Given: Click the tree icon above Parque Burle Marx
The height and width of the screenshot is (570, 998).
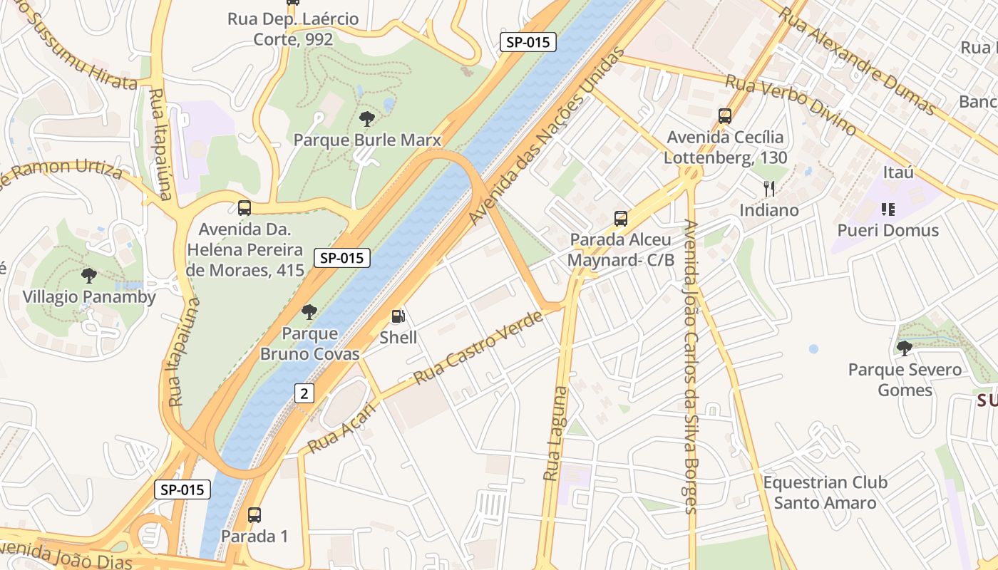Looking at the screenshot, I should point(367,119).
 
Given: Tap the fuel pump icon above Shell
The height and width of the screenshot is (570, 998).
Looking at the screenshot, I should point(398,316).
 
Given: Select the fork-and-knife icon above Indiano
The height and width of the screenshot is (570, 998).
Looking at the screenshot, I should point(768,189).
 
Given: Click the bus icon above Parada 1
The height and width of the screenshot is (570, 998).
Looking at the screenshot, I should point(254,515).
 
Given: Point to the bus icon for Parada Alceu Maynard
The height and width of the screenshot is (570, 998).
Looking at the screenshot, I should point(621,219).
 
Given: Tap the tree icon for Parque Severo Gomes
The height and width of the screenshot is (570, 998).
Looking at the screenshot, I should point(904,348).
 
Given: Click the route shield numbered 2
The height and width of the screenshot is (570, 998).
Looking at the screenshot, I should point(304,393).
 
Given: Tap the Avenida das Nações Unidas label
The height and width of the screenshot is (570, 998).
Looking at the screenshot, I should point(547,137).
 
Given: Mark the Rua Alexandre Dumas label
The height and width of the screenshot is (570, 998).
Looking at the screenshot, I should point(856,61).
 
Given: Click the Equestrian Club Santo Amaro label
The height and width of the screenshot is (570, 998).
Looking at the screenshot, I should point(825,492).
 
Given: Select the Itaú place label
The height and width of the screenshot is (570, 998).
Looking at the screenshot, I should point(897,172).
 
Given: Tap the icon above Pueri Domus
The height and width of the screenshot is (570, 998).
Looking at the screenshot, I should point(888,209).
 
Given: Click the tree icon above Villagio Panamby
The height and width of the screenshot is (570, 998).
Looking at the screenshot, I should point(89,276).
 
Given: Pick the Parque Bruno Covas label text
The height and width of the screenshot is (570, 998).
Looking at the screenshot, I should point(309,343).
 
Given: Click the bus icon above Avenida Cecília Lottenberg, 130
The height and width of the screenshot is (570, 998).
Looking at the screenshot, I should point(725,116).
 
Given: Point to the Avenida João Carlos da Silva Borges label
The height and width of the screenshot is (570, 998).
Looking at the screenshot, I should point(689,366).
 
